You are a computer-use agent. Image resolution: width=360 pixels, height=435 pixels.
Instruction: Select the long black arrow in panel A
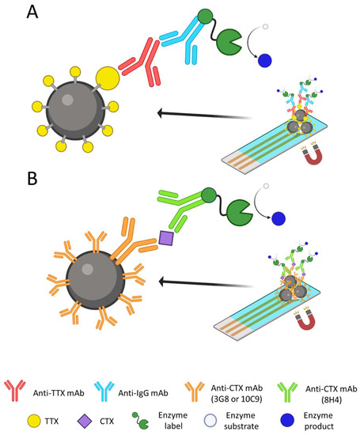pos(198,114)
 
